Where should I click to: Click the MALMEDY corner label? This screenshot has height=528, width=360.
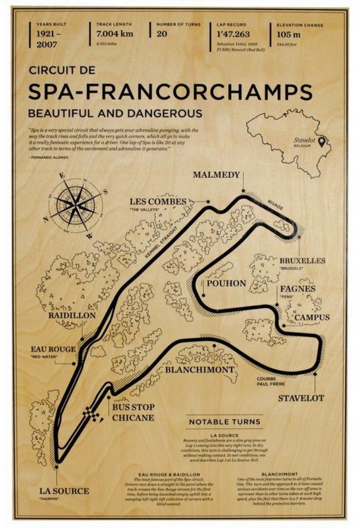pyautogui.click(x=216, y=175)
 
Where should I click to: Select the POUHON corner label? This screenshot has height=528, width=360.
pyautogui.click(x=226, y=283)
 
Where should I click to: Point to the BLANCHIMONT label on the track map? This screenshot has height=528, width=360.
pyautogui.click(x=192, y=370)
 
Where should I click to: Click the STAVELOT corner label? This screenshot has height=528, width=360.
pyautogui.click(x=301, y=398)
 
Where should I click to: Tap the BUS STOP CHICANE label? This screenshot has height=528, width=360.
pyautogui.click(x=133, y=412)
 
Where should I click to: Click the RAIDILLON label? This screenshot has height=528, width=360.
pyautogui.click(x=72, y=315)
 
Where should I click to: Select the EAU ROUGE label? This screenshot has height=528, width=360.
pyautogui.click(x=53, y=349)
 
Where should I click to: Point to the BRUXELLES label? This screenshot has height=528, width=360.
pyautogui.click(x=302, y=261)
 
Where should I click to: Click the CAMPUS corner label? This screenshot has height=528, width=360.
pyautogui.click(x=312, y=318)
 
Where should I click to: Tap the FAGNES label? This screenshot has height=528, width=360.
pyautogui.click(x=297, y=289)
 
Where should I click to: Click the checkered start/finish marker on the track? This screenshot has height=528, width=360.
pyautogui.click(x=94, y=415)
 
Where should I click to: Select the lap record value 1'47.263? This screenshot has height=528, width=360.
pyautogui.click(x=233, y=35)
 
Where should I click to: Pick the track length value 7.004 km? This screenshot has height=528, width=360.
pyautogui.click(x=114, y=35)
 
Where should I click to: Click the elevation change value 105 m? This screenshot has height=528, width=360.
pyautogui.click(x=288, y=35)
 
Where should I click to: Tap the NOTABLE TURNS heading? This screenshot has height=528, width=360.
pyautogui.click(x=224, y=422)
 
